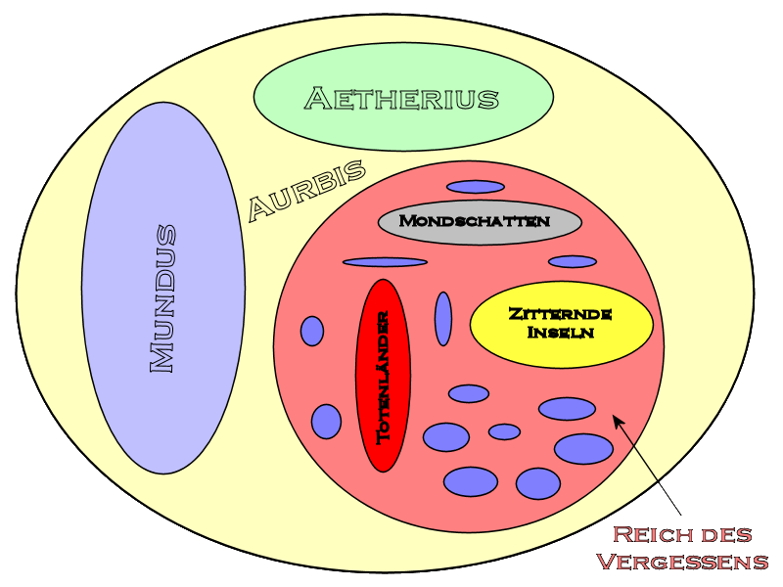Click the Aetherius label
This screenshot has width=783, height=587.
402,98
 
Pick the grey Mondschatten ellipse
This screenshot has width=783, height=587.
480,221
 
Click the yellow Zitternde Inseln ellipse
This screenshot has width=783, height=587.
561,324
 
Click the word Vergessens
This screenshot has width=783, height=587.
682,562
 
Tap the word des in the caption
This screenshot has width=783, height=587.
726,535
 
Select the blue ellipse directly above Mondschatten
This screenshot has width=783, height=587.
476,187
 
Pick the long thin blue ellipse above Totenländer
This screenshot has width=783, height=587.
385,262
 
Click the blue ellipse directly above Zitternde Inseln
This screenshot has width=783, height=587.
573,261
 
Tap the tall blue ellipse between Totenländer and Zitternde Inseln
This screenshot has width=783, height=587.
443,318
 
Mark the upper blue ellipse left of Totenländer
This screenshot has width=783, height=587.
312,331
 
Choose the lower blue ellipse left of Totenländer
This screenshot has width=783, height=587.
326,422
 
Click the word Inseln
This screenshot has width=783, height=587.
561,333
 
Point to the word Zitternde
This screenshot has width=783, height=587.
561,314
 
